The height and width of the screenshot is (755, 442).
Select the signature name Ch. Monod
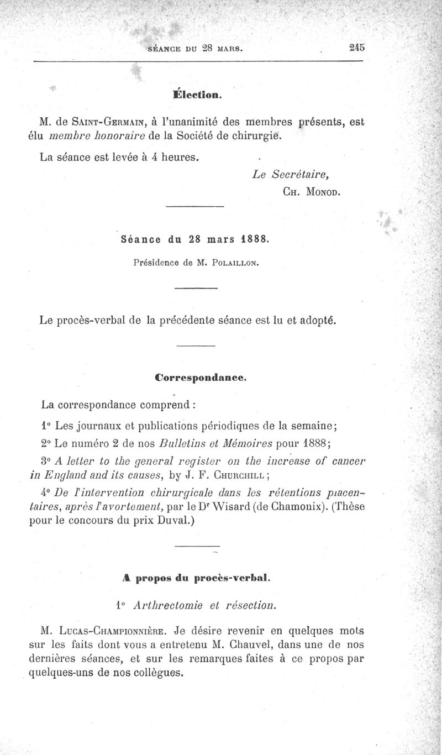tap(311, 192)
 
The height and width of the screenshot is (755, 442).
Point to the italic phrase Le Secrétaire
tap(291, 175)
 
